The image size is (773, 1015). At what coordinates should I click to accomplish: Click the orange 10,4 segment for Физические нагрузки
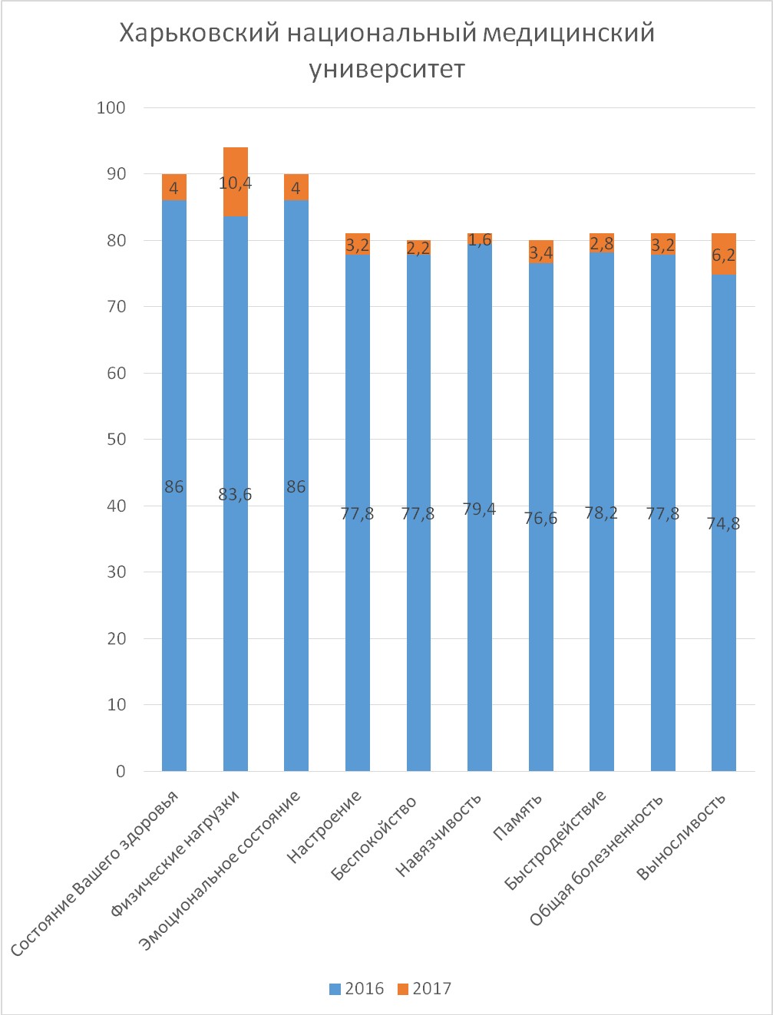coord(236,182)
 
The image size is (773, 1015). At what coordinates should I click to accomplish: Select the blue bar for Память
coord(540,517)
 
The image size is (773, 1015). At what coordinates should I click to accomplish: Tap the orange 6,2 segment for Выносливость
coord(724,254)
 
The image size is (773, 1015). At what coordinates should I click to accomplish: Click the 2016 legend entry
coord(357,989)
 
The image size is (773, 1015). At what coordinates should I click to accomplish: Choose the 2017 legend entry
coord(424,989)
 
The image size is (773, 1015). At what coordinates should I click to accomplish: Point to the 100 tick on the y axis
coord(111,107)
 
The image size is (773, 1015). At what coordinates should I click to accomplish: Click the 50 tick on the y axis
coord(116,440)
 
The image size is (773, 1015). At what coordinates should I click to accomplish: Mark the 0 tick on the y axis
coord(121,771)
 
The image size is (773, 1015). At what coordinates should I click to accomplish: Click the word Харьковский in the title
coord(200,33)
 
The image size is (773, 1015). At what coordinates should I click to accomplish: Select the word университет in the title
coord(387,69)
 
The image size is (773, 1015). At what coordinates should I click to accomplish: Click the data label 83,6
coord(235,495)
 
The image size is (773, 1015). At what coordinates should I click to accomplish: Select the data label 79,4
coord(479,509)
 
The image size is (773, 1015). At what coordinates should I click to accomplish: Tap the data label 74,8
coord(724,523)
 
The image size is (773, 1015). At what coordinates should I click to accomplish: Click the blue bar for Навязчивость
coord(480,508)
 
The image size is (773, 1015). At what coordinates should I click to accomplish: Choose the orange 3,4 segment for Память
coord(540,252)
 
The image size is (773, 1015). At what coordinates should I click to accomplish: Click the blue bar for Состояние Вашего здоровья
coord(174,486)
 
